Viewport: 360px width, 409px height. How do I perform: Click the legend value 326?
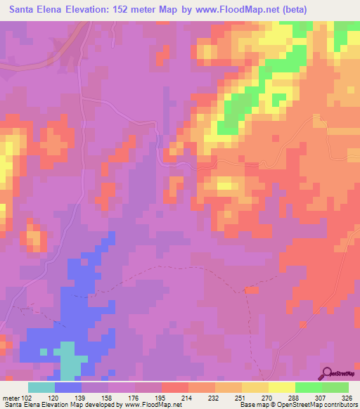[347, 397]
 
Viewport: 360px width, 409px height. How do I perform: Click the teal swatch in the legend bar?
[41, 387]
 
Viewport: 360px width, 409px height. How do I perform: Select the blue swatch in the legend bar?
[68, 387]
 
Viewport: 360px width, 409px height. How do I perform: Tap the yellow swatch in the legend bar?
[281, 387]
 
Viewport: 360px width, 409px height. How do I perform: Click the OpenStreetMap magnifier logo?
[326, 374]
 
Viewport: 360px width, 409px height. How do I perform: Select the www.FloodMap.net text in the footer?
[153, 405]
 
